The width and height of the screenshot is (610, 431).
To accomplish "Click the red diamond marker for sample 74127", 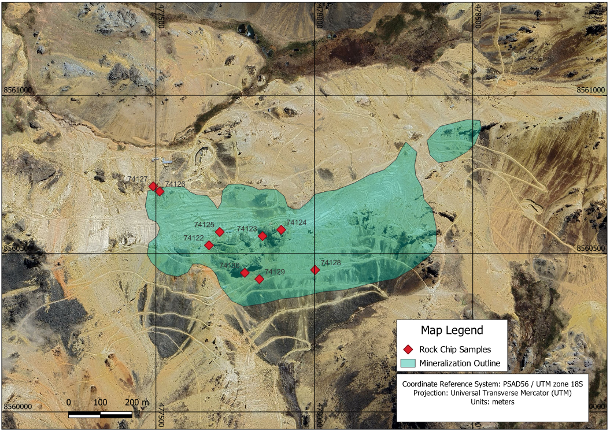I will pos(153,186).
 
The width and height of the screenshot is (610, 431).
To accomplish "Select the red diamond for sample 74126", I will pos(160,191).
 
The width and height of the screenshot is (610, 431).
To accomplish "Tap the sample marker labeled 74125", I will pos(220,232).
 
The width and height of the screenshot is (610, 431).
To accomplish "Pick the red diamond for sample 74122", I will pos(209,246).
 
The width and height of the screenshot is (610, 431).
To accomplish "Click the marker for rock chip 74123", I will pos(263,236).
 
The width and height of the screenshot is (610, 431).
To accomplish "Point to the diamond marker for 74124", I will pos(282,230).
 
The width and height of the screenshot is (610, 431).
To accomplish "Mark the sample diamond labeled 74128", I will pos(315,270).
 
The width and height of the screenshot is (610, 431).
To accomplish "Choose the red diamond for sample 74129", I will pos(260,279).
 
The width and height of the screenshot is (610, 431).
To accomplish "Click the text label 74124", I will pos(296,222).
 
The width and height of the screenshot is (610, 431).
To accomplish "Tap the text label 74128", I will pos(331,263).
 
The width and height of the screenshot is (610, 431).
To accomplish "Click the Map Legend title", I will pos(452,330).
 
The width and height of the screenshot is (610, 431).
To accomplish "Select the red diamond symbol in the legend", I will pos(408,349).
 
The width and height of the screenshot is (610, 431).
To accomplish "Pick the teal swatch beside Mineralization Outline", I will pos(408,364).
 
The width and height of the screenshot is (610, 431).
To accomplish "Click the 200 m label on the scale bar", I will pos(137,402).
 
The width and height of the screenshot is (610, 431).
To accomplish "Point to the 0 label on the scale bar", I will pos(69,402).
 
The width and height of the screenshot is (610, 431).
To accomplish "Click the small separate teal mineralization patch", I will pos(454,139).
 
